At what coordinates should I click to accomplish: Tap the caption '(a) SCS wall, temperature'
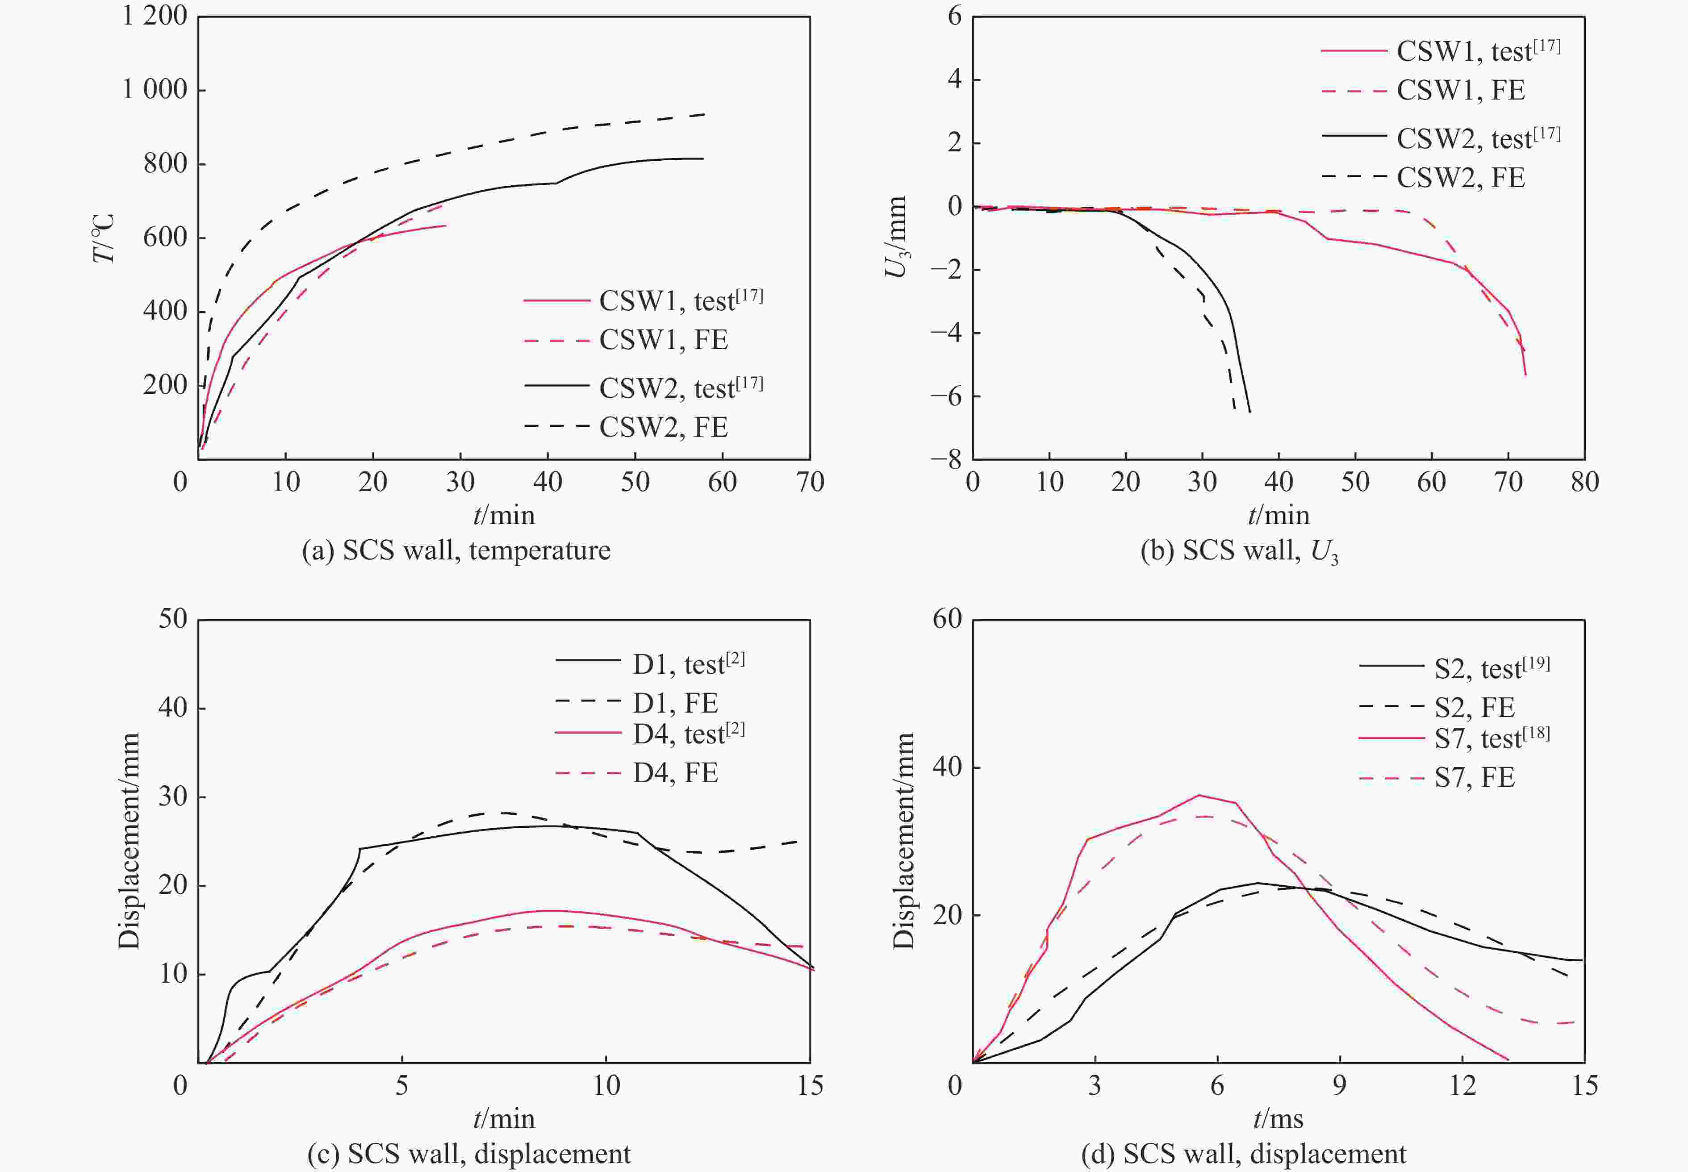pyautogui.click(x=456, y=550)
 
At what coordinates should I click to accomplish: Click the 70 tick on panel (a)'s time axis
pyautogui.click(x=810, y=483)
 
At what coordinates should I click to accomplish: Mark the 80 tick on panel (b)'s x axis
pyautogui.click(x=1584, y=483)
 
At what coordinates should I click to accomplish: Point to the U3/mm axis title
pyautogui.click(x=897, y=237)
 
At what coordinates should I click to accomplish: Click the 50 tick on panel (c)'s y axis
pyautogui.click(x=173, y=619)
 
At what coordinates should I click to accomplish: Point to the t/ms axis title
pyautogui.click(x=1278, y=1118)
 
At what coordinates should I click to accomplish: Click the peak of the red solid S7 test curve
pyautogui.click(x=1199, y=795)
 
